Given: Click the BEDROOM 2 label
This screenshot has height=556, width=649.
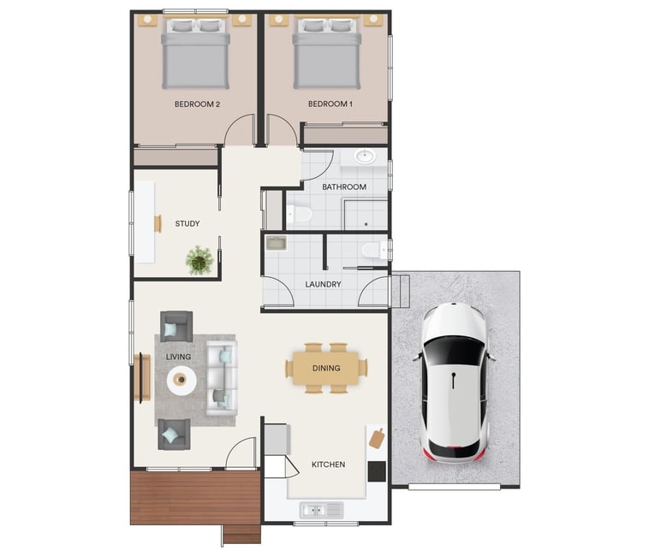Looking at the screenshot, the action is (197, 104).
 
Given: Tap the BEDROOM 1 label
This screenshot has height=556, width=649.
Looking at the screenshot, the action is (330, 104).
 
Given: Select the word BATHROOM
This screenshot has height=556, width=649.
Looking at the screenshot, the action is (344, 186).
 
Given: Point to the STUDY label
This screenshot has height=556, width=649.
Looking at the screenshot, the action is (188, 223).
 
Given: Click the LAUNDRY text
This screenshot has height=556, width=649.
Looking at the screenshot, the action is (323, 284).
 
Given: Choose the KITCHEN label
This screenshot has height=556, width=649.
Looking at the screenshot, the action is (328, 464).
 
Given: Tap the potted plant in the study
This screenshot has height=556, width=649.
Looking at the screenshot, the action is (199, 260).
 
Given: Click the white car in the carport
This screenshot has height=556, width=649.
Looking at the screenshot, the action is (454, 383).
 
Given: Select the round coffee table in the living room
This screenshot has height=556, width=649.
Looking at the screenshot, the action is (182, 380).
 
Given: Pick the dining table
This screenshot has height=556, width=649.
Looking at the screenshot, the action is (326, 368).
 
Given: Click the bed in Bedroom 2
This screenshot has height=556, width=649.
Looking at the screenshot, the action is (195, 53).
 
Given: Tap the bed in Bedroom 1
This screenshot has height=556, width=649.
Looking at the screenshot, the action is (327, 53).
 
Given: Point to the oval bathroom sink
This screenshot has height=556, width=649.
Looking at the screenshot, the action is (365, 157).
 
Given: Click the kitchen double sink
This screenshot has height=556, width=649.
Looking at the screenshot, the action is (322, 510).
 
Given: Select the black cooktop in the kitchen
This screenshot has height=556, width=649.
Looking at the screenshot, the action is (377, 471).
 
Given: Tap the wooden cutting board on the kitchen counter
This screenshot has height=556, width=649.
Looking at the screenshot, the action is (377, 438).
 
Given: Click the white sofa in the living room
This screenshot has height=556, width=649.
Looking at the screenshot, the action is (222, 378).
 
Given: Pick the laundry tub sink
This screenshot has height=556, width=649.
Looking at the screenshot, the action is (276, 243).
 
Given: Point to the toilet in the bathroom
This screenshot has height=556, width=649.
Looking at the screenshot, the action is (299, 214).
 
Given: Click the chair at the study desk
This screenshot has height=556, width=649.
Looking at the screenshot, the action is (158, 223).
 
